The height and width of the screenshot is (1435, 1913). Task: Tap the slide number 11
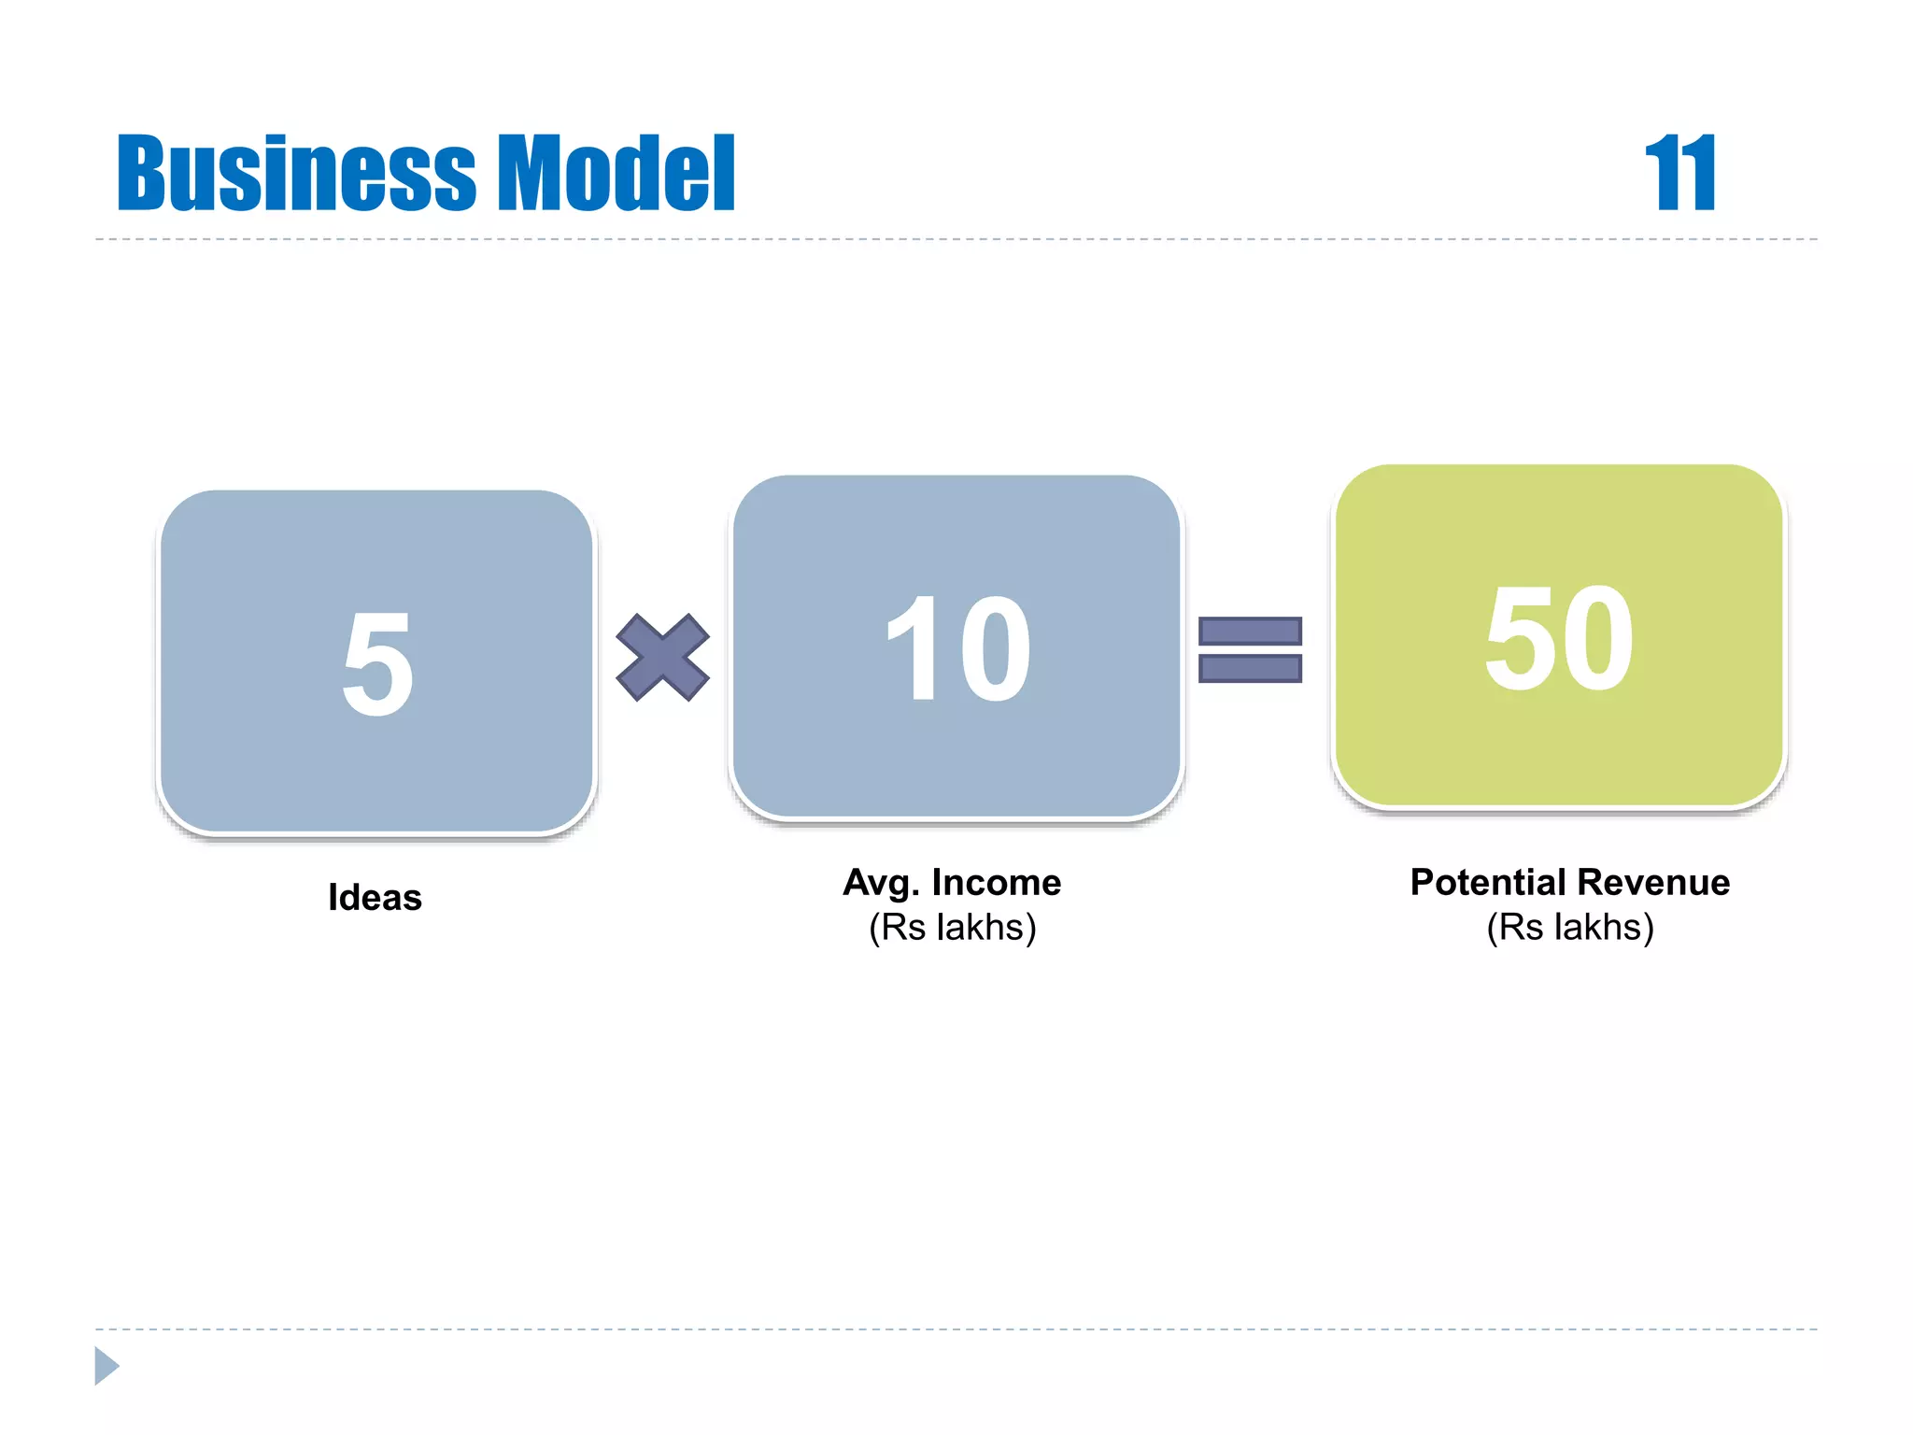(x=1679, y=174)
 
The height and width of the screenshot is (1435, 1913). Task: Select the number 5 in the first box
(x=377, y=665)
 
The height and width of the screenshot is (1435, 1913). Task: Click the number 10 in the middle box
(x=958, y=650)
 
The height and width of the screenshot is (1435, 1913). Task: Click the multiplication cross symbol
(x=663, y=658)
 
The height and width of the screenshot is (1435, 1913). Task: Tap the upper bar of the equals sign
(x=1250, y=632)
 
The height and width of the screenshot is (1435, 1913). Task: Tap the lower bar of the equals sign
(x=1250, y=669)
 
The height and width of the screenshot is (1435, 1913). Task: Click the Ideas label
(x=375, y=898)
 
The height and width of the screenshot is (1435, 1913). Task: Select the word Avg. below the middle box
(x=882, y=884)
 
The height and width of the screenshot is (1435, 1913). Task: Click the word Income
(x=996, y=883)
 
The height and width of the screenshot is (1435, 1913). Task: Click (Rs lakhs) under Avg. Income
(x=953, y=928)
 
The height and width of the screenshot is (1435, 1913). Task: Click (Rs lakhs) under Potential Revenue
(x=1570, y=928)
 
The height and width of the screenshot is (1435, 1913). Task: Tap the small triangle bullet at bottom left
(x=106, y=1366)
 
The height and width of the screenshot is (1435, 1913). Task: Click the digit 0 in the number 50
(x=1597, y=639)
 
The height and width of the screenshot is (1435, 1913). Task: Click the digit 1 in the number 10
(x=912, y=650)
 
